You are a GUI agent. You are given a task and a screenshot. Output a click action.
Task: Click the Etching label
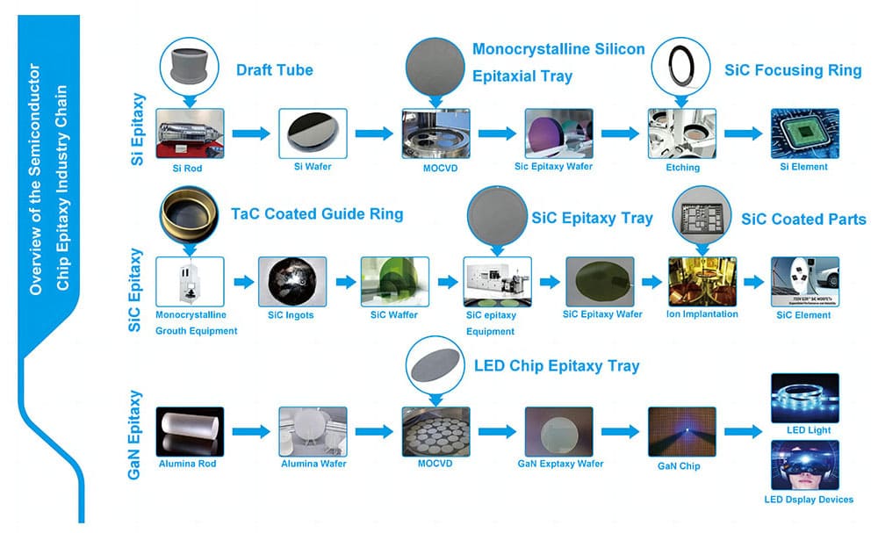(681, 167)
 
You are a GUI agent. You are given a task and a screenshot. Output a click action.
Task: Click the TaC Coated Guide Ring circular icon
(191, 217)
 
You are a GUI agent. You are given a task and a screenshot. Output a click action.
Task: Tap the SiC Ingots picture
(292, 280)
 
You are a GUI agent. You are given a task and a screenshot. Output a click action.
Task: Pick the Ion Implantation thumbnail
(702, 280)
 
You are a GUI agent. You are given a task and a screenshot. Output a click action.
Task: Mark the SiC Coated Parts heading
(802, 219)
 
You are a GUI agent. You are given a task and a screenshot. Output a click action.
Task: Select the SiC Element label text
(804, 314)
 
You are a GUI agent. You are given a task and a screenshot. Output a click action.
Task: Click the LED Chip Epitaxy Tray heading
(556, 365)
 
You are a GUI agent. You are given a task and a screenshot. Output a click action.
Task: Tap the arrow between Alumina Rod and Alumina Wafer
(249, 431)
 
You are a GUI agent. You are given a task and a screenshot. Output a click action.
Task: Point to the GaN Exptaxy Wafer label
(559, 464)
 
